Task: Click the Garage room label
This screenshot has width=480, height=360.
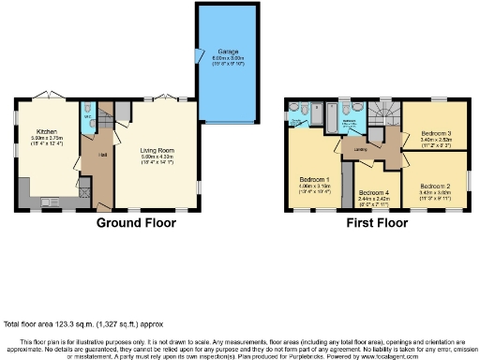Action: coord(228,51)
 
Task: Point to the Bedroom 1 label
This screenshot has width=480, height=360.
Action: coord(316,179)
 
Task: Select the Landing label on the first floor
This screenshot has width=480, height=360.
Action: coord(359,148)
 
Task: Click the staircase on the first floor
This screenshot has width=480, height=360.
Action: coord(383,114)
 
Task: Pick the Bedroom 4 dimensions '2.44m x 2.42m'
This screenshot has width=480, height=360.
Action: coord(371,199)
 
